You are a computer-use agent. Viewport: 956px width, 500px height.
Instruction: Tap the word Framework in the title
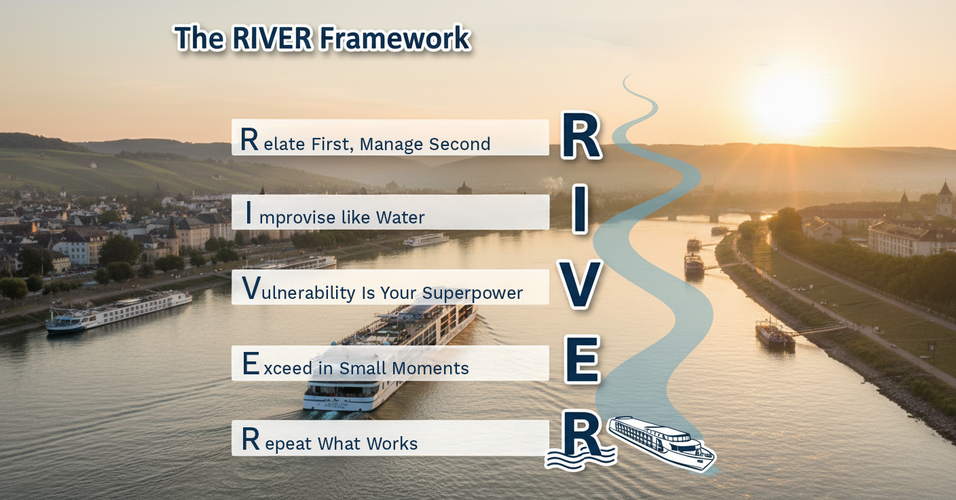[x=394, y=39]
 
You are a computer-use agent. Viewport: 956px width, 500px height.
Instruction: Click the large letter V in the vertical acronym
[x=580, y=285]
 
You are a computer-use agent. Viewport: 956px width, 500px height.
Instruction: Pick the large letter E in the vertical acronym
[x=582, y=360]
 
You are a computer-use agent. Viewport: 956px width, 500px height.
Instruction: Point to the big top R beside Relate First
[x=581, y=137]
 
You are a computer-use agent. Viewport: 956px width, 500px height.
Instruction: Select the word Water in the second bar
[x=400, y=217]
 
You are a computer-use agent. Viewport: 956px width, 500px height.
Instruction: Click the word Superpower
[x=473, y=293]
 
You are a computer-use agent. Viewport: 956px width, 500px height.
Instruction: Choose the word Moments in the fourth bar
[x=434, y=368]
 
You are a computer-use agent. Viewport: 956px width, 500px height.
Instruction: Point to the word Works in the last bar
[x=392, y=444]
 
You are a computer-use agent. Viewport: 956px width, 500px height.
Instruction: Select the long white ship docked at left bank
[x=119, y=311]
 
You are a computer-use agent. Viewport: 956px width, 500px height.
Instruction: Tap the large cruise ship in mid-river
[x=390, y=353]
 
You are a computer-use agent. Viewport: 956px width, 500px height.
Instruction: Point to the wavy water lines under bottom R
[x=579, y=461]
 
